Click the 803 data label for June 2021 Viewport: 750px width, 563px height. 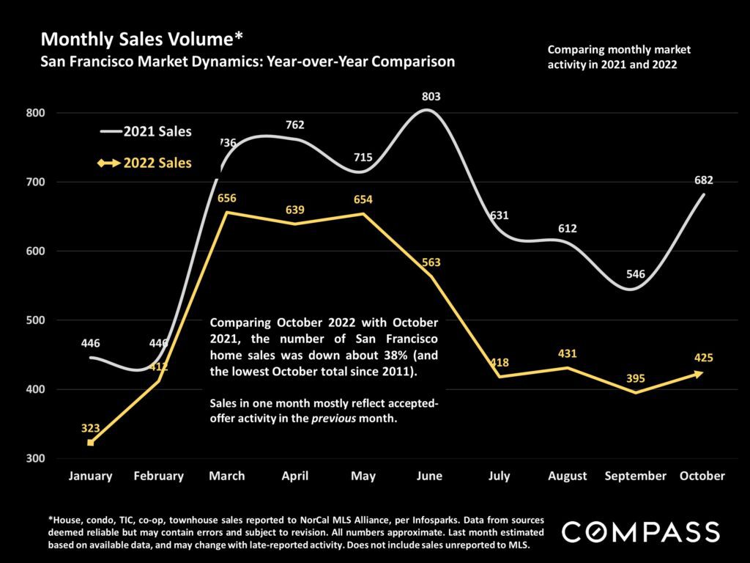431,96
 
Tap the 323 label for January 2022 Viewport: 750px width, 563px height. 90,429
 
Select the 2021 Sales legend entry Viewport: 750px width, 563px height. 146,132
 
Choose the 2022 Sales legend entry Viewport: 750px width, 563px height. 146,163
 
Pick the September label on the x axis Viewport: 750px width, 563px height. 635,476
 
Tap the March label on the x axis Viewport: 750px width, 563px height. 226,476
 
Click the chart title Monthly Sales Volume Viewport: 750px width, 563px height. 137,38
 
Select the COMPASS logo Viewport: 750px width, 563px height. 640,531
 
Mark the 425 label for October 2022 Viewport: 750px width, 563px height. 702,358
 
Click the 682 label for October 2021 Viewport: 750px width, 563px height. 703,180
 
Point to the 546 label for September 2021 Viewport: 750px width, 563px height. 635,274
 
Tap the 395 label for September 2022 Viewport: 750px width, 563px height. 635,379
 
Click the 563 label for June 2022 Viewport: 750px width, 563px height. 431,262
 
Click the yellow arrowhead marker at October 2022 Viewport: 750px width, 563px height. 699,374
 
